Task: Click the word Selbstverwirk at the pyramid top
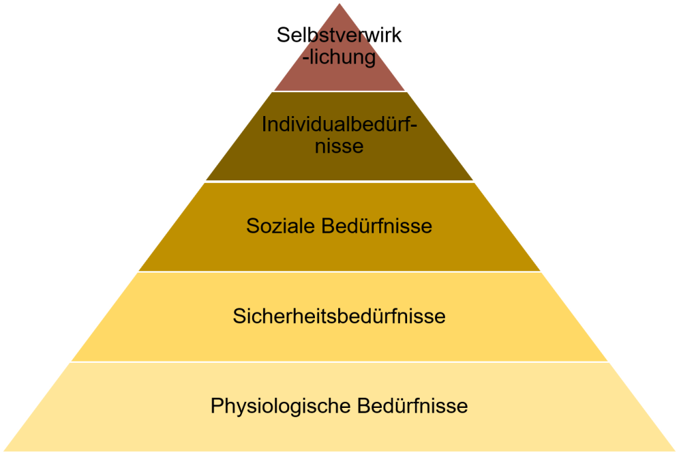tap(339, 35)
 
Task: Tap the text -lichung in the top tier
tap(339, 57)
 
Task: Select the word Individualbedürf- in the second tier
tap(339, 124)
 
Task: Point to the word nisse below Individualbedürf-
tap(339, 146)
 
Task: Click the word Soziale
tap(280, 226)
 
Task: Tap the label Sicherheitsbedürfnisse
tap(339, 316)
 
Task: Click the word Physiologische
tap(280, 406)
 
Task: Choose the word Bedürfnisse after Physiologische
tap(412, 406)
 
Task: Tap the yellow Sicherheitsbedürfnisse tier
tap(339, 342)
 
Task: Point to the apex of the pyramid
tap(339, 3)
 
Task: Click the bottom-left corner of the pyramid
tap(4, 451)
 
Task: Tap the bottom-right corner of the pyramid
tap(675, 451)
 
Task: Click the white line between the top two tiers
tap(339, 92)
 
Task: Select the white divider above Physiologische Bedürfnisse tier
tap(339, 362)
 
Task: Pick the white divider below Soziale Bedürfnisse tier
tap(339, 272)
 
